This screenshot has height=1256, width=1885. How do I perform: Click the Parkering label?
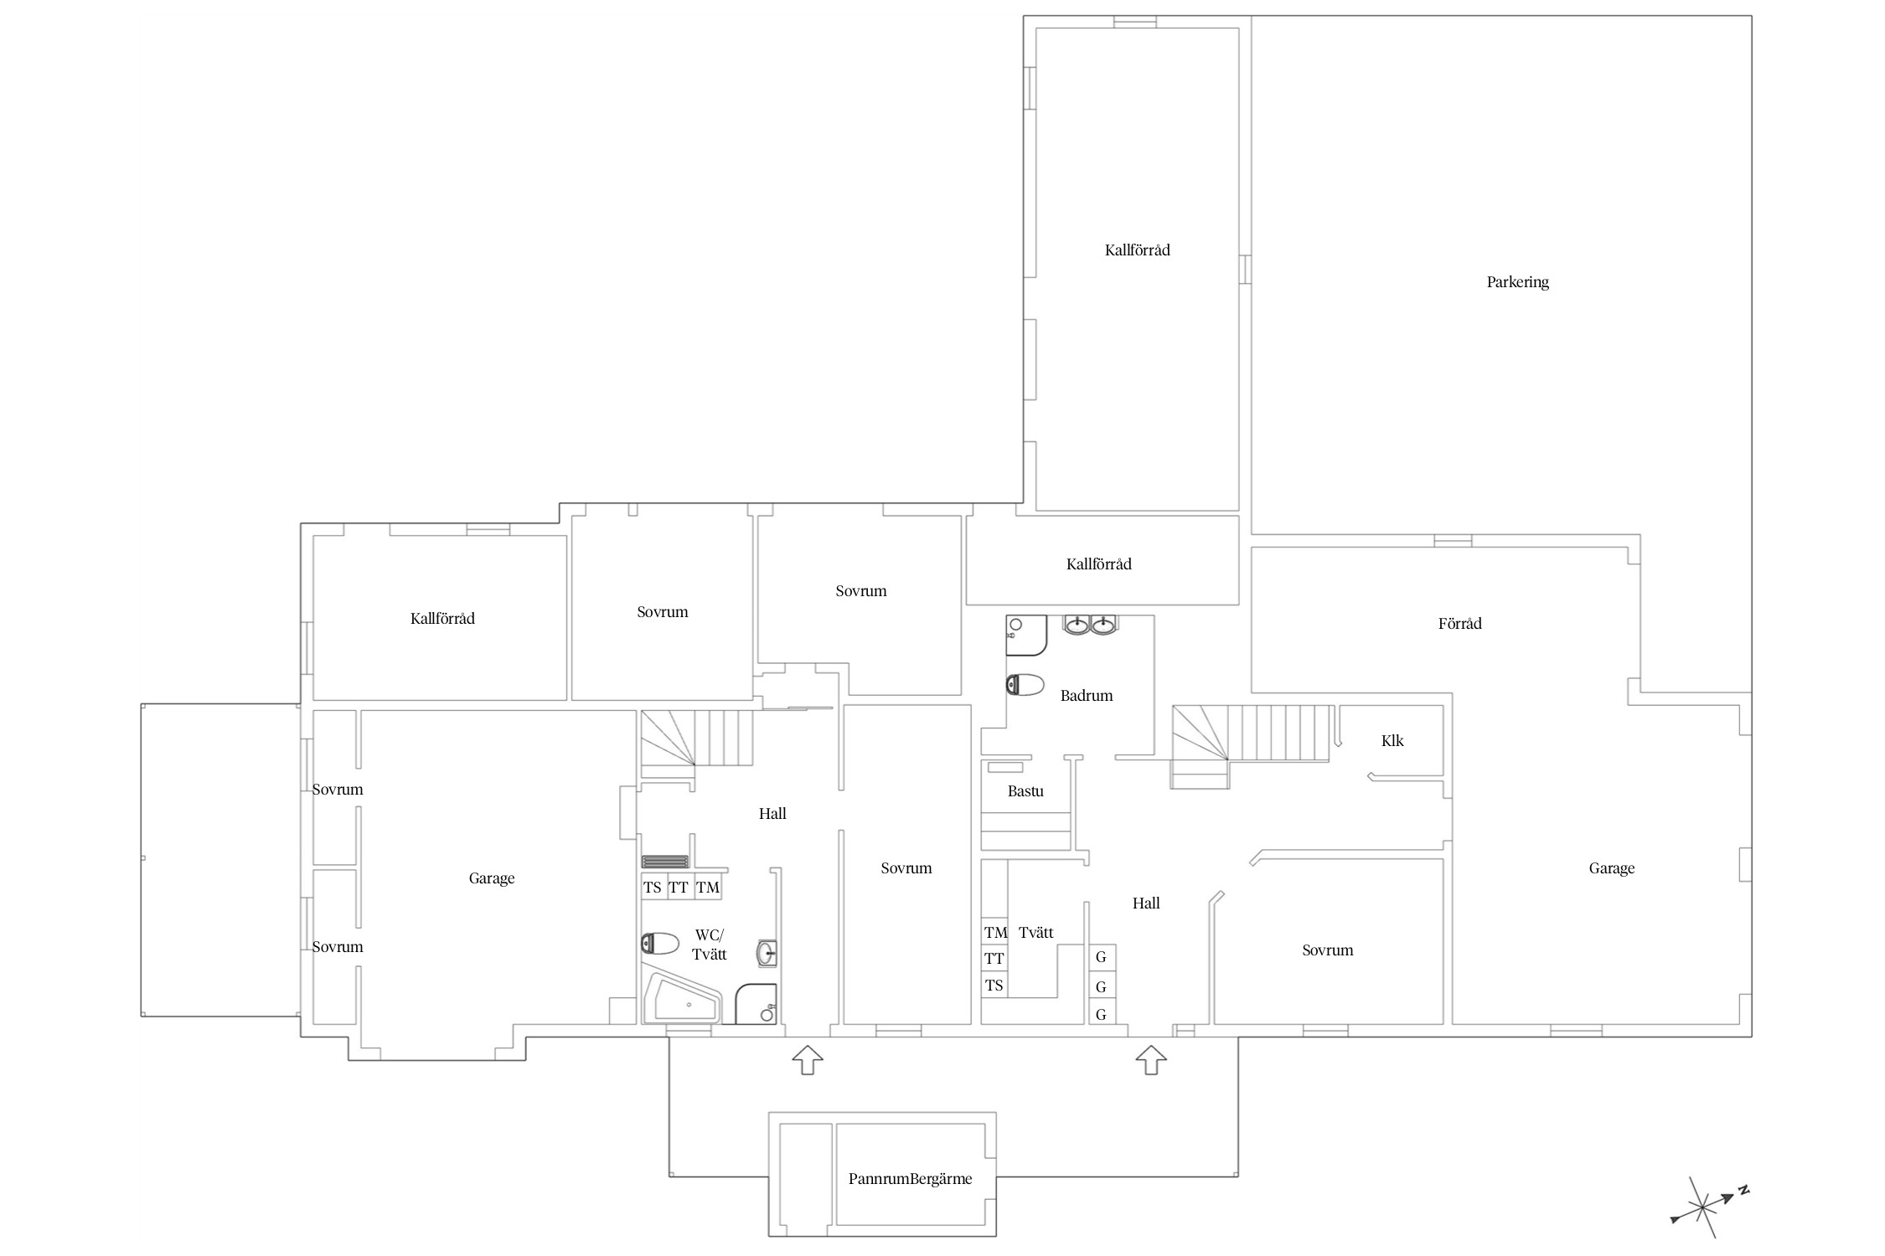pyautogui.click(x=1517, y=282)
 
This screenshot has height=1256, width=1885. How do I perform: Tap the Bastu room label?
pyautogui.click(x=1025, y=791)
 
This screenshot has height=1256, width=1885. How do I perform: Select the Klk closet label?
pyautogui.click(x=1392, y=740)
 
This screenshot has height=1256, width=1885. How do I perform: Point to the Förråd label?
pyautogui.click(x=1459, y=623)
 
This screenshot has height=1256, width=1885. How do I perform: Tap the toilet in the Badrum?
pyautogui.click(x=1025, y=685)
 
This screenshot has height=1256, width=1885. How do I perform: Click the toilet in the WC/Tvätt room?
pyautogui.click(x=659, y=945)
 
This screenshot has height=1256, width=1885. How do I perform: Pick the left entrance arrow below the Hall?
pyautogui.click(x=807, y=1059)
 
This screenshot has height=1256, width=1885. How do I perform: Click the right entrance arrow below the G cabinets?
pyautogui.click(x=1151, y=1059)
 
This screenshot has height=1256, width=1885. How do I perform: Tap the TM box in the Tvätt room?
pyautogui.click(x=994, y=932)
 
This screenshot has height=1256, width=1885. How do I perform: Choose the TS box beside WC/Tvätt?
pyautogui.click(x=653, y=888)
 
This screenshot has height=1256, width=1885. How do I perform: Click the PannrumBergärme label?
pyautogui.click(x=910, y=1179)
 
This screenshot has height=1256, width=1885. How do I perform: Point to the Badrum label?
pyautogui.click(x=1087, y=695)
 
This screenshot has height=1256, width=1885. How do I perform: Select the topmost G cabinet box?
pyautogui.click(x=1102, y=957)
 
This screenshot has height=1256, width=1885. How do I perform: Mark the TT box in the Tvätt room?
pyautogui.click(x=994, y=959)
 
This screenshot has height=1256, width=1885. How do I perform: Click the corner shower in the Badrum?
pyautogui.click(x=1026, y=636)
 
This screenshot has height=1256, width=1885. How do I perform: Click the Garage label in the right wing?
pyautogui.click(x=1612, y=868)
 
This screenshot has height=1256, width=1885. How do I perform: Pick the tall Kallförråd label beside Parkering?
pyautogui.click(x=1137, y=250)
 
